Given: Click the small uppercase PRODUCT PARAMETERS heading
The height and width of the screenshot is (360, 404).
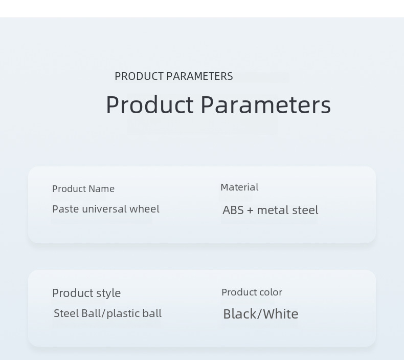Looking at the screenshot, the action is (x=174, y=76).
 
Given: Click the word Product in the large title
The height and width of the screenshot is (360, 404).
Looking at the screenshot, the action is (x=150, y=104).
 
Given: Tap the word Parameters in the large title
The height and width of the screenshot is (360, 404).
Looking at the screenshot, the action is (x=266, y=104).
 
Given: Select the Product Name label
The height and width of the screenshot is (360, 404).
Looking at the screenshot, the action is (x=83, y=188).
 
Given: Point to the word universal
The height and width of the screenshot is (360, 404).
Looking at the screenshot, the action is (x=104, y=209).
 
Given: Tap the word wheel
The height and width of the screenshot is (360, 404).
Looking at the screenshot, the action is (x=144, y=209).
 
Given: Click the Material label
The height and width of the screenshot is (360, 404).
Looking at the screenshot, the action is (x=239, y=187).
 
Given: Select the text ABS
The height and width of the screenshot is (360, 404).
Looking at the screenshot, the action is (x=233, y=210).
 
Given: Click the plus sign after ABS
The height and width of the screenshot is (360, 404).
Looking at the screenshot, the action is (x=250, y=210).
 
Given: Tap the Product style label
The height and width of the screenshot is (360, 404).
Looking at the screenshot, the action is (x=86, y=293).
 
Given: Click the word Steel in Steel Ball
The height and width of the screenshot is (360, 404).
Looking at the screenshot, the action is (x=66, y=313).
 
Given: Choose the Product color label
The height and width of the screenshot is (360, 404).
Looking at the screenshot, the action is (x=252, y=292).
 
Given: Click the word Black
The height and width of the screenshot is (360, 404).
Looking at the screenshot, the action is (x=240, y=314).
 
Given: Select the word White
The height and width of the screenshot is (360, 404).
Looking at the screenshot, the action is (x=281, y=314).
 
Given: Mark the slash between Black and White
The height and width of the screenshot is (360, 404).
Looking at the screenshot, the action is (x=260, y=314).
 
